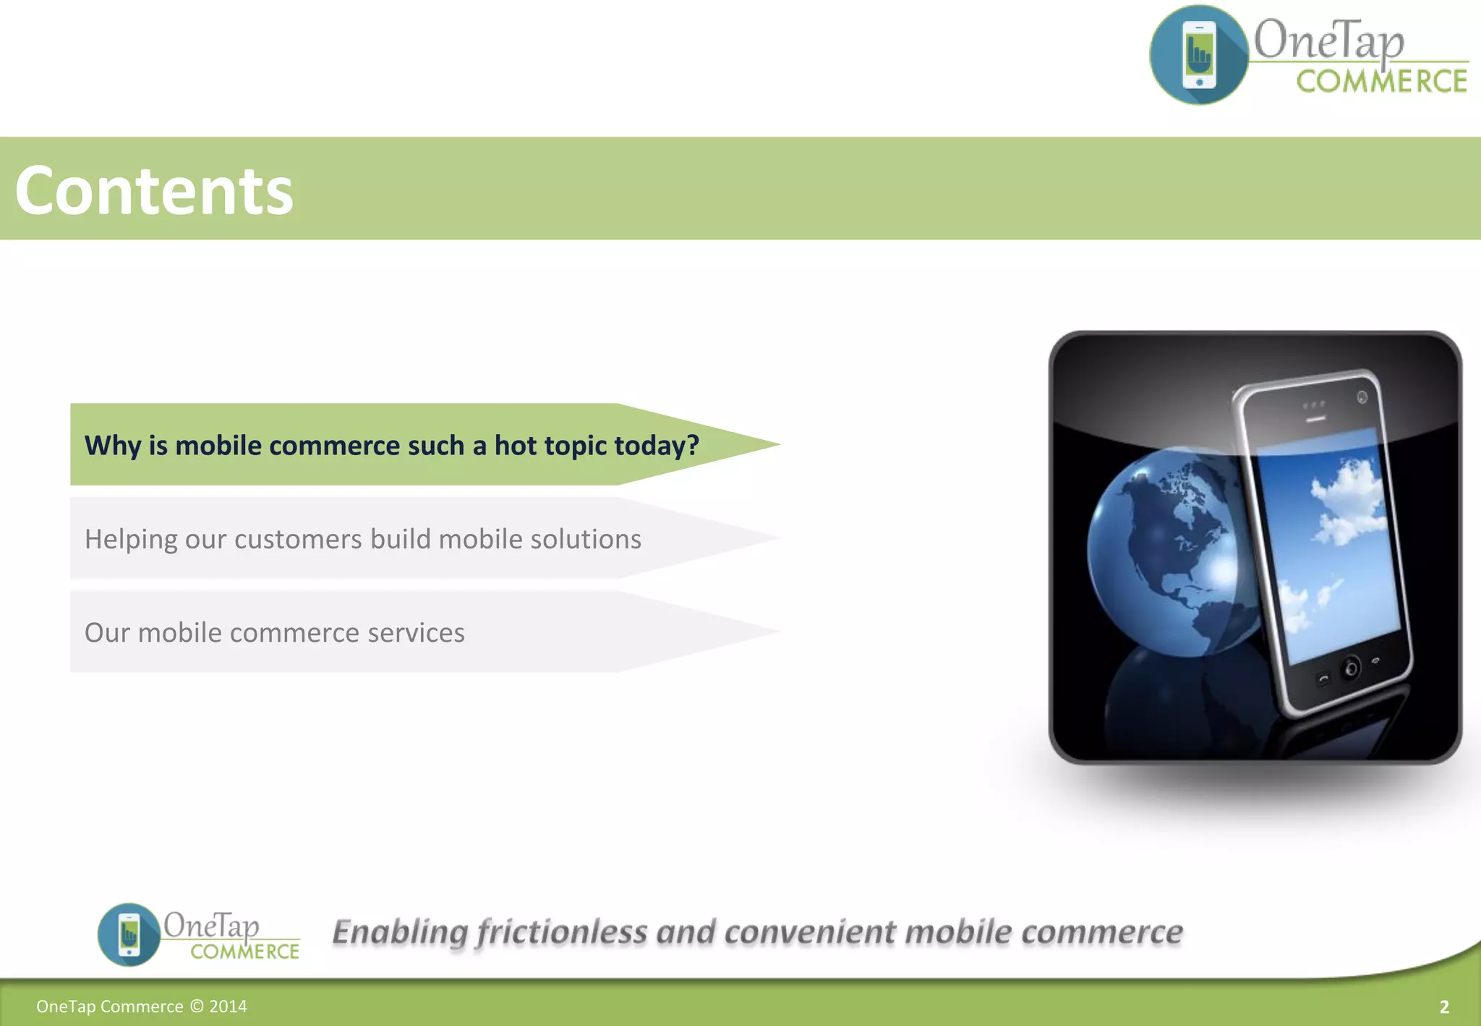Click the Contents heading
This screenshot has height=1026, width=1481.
click(x=154, y=190)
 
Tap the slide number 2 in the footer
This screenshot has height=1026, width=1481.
click(x=1444, y=1006)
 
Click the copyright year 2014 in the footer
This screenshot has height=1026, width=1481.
click(x=228, y=1006)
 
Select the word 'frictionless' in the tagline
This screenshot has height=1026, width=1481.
click(x=562, y=932)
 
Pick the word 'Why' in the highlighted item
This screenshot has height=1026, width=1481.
click(x=113, y=446)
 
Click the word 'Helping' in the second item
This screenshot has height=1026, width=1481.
click(x=130, y=540)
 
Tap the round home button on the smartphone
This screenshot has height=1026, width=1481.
click(x=1350, y=668)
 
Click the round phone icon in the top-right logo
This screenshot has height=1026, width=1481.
click(x=1199, y=55)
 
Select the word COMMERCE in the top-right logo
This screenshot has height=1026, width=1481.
click(x=1381, y=81)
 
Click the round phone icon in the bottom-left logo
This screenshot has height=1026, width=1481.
click(x=129, y=934)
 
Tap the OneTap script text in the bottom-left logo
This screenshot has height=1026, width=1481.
click(x=210, y=925)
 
